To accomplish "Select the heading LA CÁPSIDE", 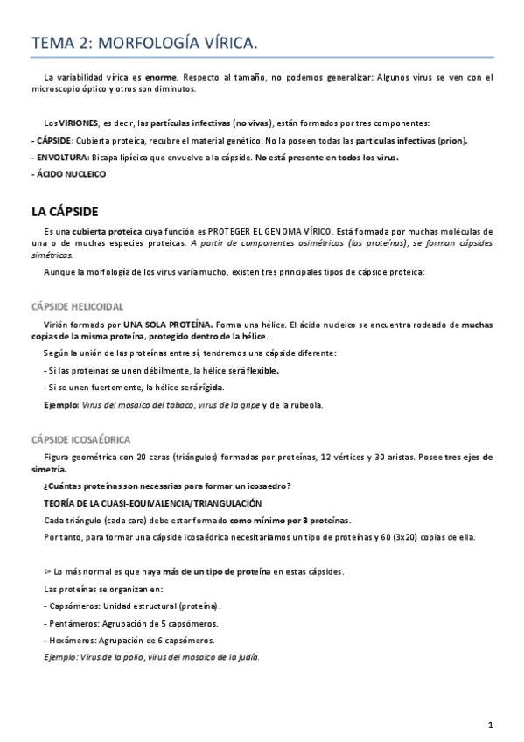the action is tap(65, 212).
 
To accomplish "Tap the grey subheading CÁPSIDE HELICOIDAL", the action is tap(77, 306).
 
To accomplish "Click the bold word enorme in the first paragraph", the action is tap(160, 77).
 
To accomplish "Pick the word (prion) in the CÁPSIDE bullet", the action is tap(451, 140).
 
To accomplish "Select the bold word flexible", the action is tap(262, 370).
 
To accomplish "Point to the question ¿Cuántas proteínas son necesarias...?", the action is tap(167, 486).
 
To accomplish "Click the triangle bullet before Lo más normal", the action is tap(46, 571).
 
